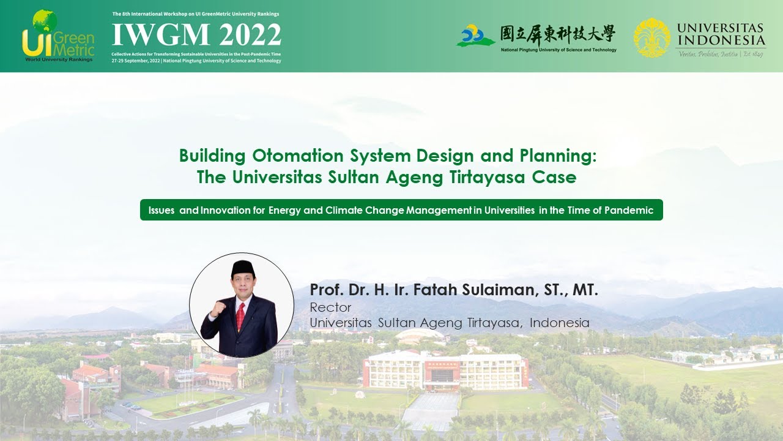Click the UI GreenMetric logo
coord(58,36)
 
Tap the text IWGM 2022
coord(196,35)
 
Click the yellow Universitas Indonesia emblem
coord(651,37)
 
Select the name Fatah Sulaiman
coord(475,290)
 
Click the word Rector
coord(330,307)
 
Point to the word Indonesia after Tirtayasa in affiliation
coord(559,322)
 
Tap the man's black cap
coord(242,268)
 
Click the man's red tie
coord(240,315)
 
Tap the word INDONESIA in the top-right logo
coord(721,40)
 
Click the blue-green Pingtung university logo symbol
coord(475,36)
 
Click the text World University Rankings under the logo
coord(59,60)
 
